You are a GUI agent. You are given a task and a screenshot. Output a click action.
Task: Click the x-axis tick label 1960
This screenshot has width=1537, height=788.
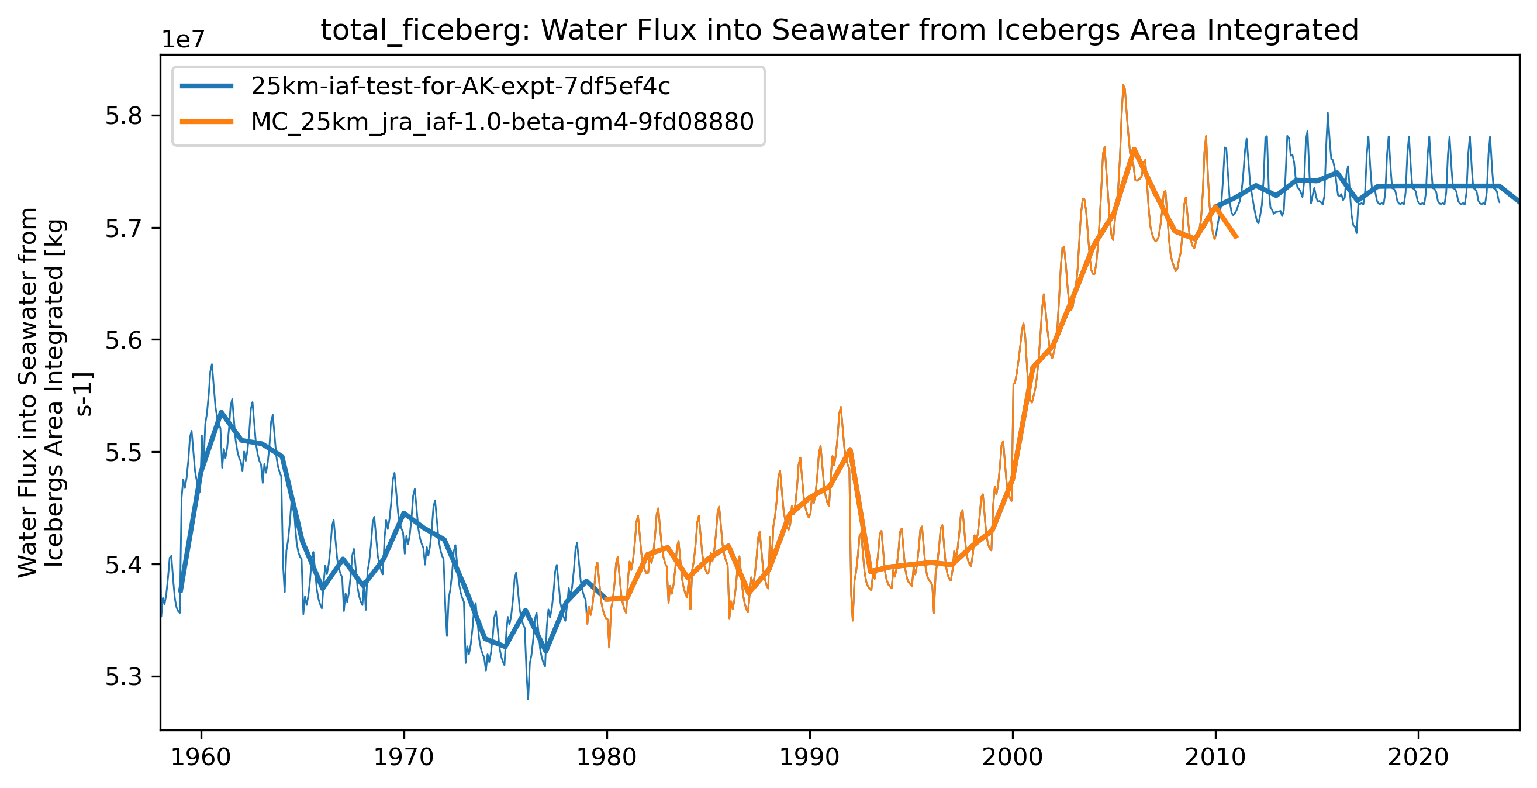click(201, 758)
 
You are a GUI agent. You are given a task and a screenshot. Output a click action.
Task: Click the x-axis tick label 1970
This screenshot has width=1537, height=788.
click(404, 758)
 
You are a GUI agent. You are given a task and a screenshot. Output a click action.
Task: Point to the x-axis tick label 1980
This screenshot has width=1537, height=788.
click(607, 758)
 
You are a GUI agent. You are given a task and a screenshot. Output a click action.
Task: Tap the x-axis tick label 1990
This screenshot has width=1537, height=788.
click(810, 758)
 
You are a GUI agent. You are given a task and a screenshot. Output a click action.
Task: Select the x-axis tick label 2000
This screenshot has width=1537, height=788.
click(1013, 758)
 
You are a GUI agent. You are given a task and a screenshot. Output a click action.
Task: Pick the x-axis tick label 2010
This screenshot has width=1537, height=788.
click(1215, 758)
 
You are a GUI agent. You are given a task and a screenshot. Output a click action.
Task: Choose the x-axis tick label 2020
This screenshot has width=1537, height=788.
click(1418, 758)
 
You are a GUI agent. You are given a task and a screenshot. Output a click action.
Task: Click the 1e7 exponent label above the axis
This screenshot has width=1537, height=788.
click(183, 39)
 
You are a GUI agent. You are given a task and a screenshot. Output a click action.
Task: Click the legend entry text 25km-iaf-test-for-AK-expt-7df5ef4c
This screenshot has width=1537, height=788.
click(460, 87)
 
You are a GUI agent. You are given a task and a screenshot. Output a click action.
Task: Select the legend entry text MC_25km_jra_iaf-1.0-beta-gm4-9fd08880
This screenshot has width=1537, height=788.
click(502, 122)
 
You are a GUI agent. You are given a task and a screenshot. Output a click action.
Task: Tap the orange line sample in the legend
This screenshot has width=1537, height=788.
click(206, 122)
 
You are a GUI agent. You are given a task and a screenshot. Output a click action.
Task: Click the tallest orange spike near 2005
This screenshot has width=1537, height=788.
click(1123, 87)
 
